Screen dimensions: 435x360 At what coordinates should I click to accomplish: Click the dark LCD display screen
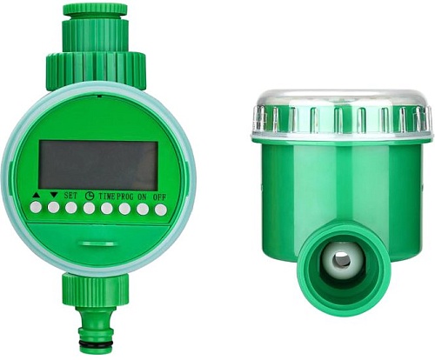98,165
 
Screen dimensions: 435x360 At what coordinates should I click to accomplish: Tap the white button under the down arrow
54,208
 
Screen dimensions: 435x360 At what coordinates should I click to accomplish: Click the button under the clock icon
89,208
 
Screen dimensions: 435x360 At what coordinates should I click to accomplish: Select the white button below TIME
107,209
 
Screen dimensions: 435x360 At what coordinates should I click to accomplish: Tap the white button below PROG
124,209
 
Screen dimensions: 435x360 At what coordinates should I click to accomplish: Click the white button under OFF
161,210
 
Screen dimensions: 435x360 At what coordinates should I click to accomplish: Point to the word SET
71,196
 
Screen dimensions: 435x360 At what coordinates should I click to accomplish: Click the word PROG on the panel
125,197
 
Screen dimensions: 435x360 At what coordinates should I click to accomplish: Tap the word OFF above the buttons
160,197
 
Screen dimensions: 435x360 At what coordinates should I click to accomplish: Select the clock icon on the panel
90,196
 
